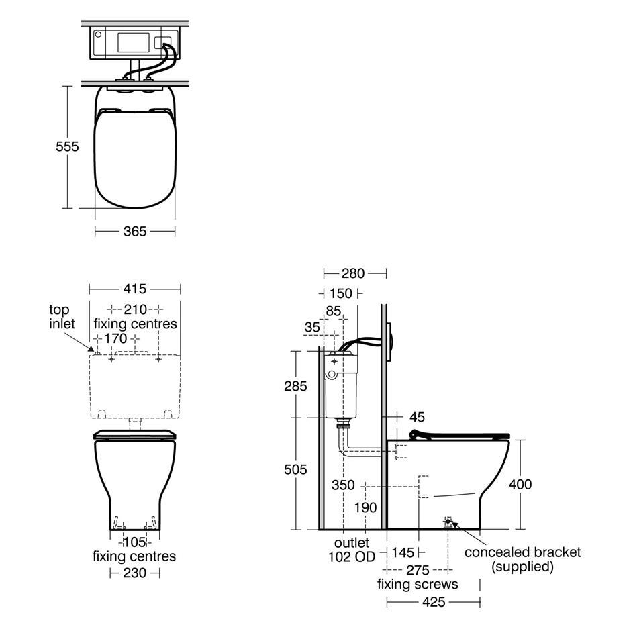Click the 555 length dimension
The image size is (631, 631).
click(67, 146)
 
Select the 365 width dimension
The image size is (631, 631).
click(135, 232)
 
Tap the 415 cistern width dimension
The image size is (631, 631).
click(135, 289)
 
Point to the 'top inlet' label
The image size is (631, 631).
click(62, 317)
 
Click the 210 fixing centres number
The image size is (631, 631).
click(135, 310)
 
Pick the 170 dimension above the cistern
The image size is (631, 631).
click(116, 339)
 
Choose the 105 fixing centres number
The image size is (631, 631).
click(134, 542)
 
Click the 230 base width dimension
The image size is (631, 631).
click(134, 573)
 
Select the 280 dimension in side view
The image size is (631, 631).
click(353, 274)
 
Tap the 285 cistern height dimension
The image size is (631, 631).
click(295, 387)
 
